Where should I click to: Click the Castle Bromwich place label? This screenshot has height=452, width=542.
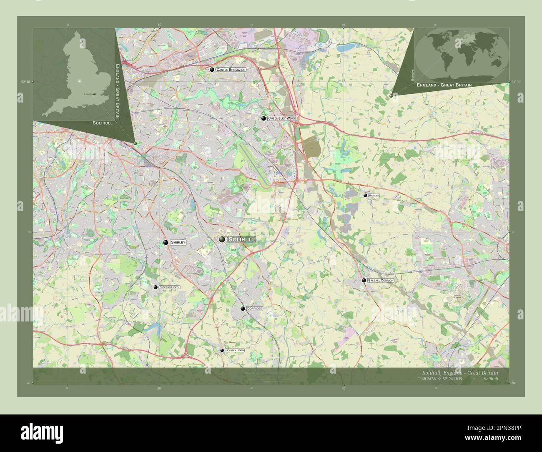231,70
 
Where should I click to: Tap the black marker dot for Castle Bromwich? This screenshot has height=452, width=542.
212,70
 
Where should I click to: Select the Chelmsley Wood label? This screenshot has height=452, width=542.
282,118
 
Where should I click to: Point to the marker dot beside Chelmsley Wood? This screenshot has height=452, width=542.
263,118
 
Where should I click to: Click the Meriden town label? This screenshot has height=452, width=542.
374,195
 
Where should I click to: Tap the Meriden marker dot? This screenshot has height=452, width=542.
365,195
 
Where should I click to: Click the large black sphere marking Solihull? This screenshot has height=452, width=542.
222,239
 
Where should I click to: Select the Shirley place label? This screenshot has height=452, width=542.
178,242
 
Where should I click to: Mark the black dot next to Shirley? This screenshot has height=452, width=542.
166,243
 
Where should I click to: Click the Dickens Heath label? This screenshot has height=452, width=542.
169,287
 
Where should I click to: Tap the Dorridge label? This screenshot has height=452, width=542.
254,309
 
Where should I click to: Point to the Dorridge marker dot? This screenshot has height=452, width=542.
243,309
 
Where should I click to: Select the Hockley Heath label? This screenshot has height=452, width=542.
234,350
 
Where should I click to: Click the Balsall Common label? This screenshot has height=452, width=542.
381,281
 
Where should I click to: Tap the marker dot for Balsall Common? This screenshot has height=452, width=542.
364,281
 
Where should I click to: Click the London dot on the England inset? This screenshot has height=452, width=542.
94,94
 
